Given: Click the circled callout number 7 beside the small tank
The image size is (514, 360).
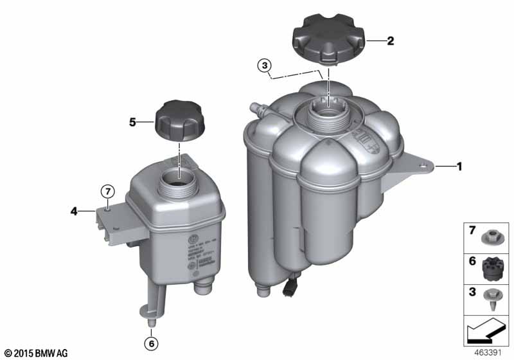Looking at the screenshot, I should tap(108, 190).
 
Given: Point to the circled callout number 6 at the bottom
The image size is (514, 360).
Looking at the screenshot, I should tap(152, 344).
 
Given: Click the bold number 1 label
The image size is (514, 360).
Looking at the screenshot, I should tap(459, 167).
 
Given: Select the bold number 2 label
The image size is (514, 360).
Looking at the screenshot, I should tap(390, 41).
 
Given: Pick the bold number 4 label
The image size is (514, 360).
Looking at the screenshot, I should tap(74, 210).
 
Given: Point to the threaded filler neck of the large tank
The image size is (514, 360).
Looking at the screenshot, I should tap(327, 114).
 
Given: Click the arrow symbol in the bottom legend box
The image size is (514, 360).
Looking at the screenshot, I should tap(486, 334).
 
